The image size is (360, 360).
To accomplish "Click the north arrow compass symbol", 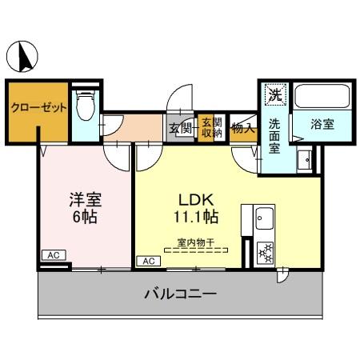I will pyautogui.click(x=24, y=55).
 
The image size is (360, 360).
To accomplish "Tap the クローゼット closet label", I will pyautogui.click(x=38, y=109).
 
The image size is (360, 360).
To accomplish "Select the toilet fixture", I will pyautogui.click(x=83, y=104).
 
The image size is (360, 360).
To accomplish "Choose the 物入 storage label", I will pyautogui.click(x=242, y=127).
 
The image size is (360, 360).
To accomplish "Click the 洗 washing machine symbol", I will pyautogui.click(x=274, y=94).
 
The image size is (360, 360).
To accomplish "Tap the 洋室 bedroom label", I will pyautogui.click(x=84, y=199).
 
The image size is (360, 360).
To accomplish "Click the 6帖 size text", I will pyautogui.click(x=84, y=217).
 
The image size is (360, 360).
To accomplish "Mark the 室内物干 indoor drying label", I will pyautogui.click(x=196, y=240).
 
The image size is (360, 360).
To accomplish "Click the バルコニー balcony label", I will pyautogui.click(x=180, y=294).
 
